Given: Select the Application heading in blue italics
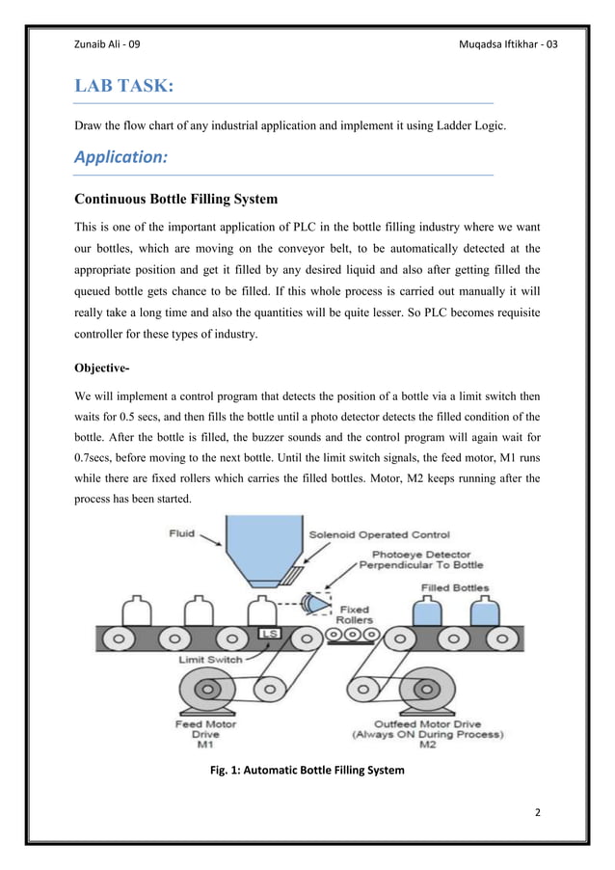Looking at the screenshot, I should (x=121, y=158).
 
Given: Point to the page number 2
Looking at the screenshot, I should (x=537, y=812).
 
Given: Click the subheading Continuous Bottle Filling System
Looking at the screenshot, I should (x=176, y=200).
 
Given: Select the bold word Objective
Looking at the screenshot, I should (x=108, y=368).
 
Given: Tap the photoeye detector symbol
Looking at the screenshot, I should (x=314, y=604).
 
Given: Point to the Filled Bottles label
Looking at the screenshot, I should (x=454, y=586).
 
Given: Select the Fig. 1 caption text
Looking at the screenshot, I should (x=307, y=771).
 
